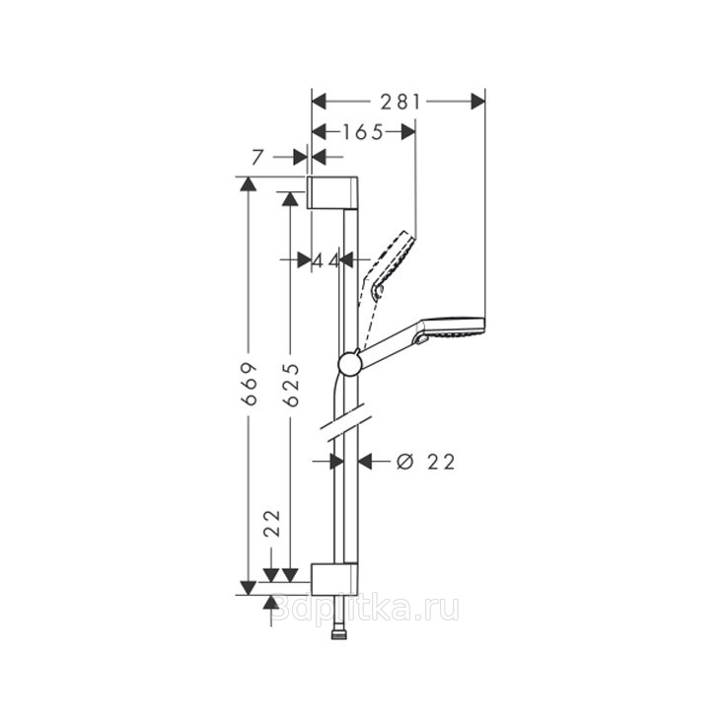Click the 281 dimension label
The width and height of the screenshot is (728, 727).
400,102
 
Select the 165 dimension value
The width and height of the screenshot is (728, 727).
363,133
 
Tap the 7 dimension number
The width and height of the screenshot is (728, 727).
257,158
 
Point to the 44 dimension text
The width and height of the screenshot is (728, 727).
326,260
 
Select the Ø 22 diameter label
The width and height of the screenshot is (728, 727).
426,462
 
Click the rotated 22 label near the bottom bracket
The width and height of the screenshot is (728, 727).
272,523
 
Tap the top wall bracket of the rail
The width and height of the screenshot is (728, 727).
332,192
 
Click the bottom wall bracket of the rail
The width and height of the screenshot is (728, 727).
334,579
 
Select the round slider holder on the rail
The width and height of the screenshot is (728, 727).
349,363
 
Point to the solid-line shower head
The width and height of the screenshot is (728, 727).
422,340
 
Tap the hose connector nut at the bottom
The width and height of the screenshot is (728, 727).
339,634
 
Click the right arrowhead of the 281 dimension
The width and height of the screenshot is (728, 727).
477,102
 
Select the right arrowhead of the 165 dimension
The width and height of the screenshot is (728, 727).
408,133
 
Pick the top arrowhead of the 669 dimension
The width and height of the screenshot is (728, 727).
249,183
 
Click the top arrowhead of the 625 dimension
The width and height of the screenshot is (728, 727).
290,199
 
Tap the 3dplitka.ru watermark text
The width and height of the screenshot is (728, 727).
365,609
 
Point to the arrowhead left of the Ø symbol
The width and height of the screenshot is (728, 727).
365,462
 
